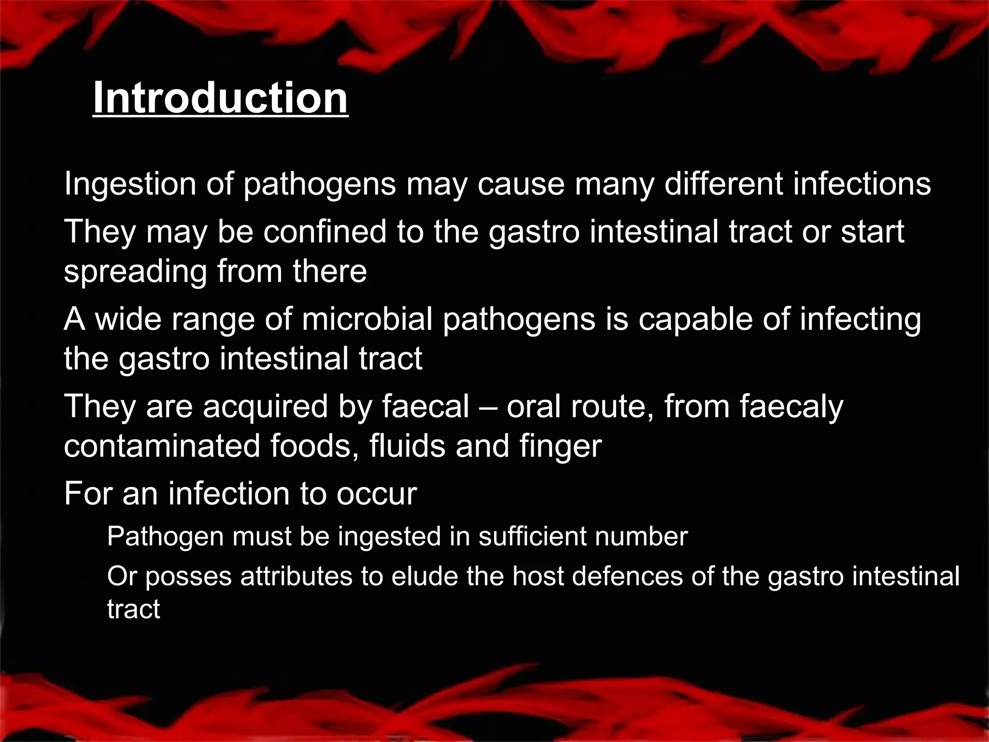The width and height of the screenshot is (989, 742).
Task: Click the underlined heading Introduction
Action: point(220,99)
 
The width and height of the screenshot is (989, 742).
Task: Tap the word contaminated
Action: point(162,446)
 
